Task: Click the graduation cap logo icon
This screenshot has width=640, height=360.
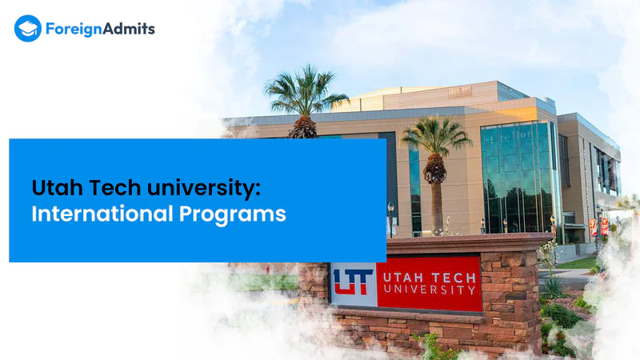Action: click(28, 29)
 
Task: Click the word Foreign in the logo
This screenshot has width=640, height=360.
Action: click(74, 30)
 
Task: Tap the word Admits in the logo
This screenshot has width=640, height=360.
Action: click(129, 29)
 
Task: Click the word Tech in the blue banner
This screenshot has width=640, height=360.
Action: click(115, 188)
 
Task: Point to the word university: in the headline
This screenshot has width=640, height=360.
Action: click(203, 189)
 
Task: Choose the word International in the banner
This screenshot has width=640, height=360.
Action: click(102, 214)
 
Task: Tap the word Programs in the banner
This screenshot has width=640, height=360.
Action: click(232, 215)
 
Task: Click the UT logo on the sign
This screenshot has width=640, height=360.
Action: click(353, 282)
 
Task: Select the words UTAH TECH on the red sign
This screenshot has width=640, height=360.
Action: click(430, 278)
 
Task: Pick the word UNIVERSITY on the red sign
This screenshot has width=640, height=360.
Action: click(430, 290)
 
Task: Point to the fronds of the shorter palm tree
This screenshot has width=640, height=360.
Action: click(436, 136)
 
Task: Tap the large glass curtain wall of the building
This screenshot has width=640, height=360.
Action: click(518, 177)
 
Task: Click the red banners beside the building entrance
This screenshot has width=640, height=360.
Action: click(598, 227)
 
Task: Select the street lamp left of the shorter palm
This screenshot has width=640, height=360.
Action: click(390, 219)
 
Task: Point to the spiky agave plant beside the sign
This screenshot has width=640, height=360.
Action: click(552, 289)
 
